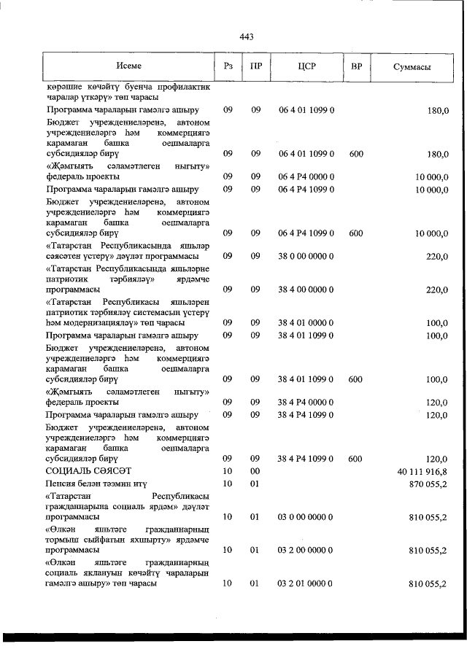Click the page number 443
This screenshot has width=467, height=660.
point(246,37)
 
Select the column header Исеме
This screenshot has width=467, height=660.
point(128,66)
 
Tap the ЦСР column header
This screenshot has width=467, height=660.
point(306,66)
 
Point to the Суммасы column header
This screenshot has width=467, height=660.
point(412,66)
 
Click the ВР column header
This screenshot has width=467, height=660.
point(356,66)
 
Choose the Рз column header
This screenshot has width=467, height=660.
point(228,66)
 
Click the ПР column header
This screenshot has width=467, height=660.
point(256,66)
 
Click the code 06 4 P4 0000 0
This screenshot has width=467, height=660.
point(306,176)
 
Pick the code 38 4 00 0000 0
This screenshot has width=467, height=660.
point(306,289)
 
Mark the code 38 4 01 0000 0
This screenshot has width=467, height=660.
point(306,322)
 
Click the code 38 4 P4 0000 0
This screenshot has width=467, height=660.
point(306,402)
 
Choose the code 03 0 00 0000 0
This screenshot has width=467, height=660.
point(306,516)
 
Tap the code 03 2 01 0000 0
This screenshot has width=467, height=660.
point(306,583)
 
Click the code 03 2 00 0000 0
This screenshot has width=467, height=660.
point(306,550)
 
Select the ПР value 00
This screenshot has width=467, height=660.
point(255,471)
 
